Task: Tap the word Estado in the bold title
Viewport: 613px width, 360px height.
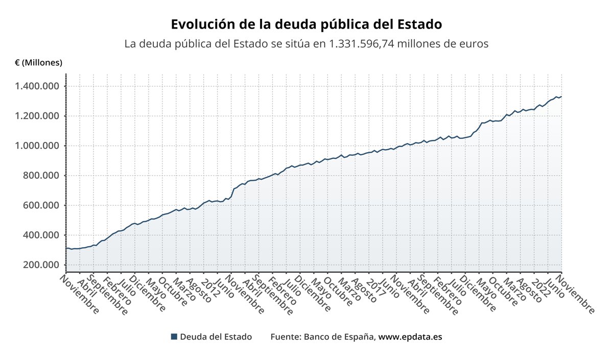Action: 418,25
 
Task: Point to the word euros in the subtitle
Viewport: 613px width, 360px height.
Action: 475,44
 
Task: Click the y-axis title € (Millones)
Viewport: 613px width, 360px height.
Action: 39,63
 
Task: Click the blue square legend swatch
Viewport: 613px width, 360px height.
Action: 174,337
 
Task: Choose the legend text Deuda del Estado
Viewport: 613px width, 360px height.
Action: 216,337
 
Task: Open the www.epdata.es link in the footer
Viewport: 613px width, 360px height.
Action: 410,337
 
